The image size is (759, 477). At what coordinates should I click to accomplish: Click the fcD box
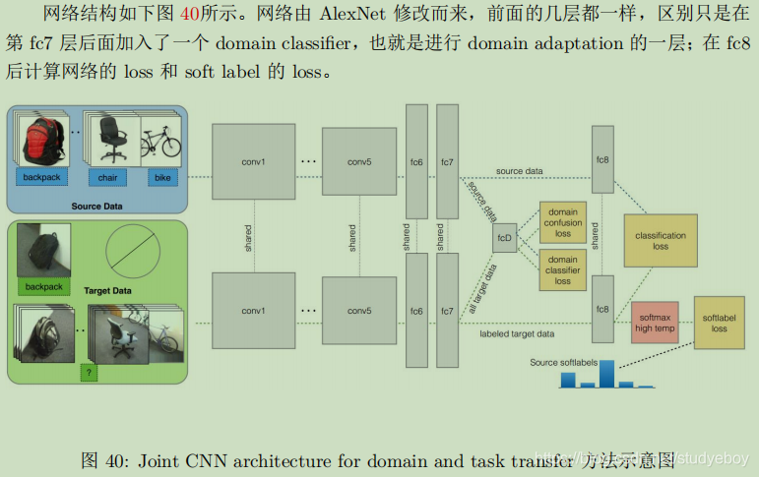tap(504, 238)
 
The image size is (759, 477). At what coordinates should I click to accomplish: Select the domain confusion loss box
tap(562, 223)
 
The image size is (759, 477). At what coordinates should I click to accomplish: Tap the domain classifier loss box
tap(562, 268)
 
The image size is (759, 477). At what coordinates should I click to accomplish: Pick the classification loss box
tap(660, 240)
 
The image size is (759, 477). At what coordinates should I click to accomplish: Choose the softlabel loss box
tap(720, 323)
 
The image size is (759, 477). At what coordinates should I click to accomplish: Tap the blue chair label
tap(107, 178)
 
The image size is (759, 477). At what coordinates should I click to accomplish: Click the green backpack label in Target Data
tap(43, 287)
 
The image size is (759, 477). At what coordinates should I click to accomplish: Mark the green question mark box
tap(90, 373)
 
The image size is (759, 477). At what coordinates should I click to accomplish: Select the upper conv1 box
tap(254, 160)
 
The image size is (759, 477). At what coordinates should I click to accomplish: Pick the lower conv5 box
tap(359, 311)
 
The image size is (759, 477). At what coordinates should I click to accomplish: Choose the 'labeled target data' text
tap(517, 334)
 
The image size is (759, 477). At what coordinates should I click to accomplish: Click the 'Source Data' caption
tap(96, 206)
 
